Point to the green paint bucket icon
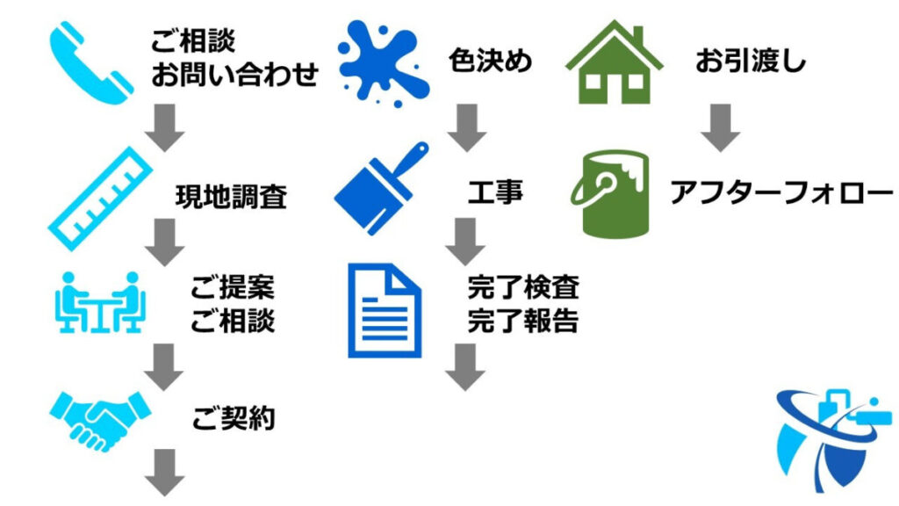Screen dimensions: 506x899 [x=614, y=192]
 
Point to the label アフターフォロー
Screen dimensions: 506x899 [x=780, y=192]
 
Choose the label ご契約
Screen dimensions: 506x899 [x=234, y=418]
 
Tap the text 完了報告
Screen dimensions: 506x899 [x=523, y=321]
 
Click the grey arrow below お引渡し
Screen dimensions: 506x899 [x=721, y=127]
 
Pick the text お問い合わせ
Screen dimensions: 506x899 [x=234, y=75]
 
